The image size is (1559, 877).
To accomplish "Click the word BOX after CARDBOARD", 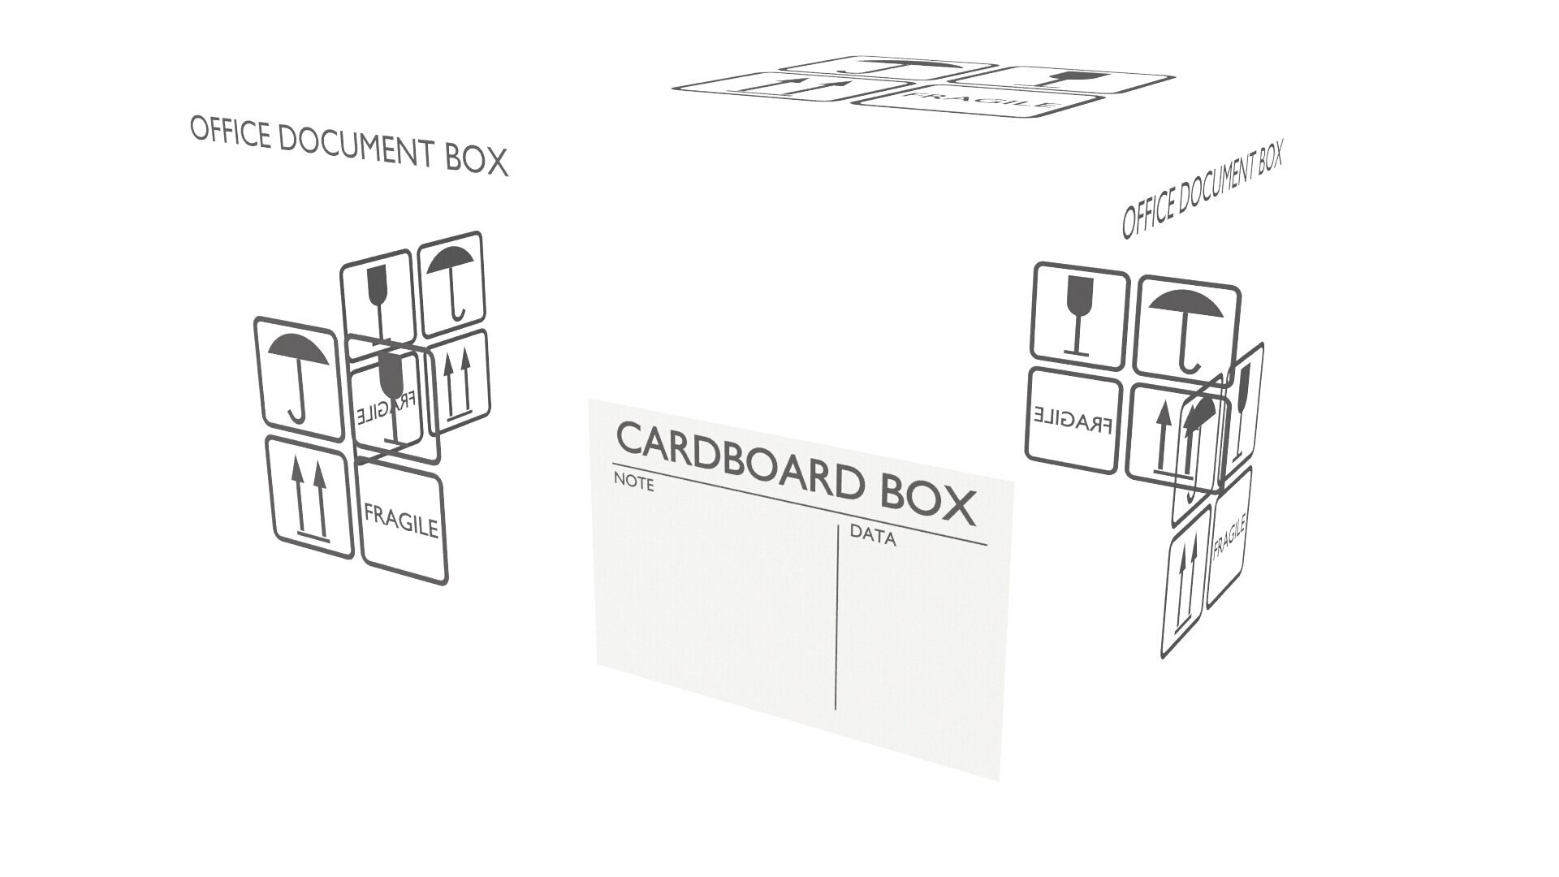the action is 927,499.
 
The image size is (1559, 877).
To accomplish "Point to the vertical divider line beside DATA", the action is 836,617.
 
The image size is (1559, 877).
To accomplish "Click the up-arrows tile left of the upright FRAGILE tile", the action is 309,498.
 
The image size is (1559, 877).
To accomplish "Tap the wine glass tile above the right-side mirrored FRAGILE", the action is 1078,313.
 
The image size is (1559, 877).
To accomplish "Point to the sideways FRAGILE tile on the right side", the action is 1229,536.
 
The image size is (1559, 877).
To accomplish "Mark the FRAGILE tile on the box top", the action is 982,102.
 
